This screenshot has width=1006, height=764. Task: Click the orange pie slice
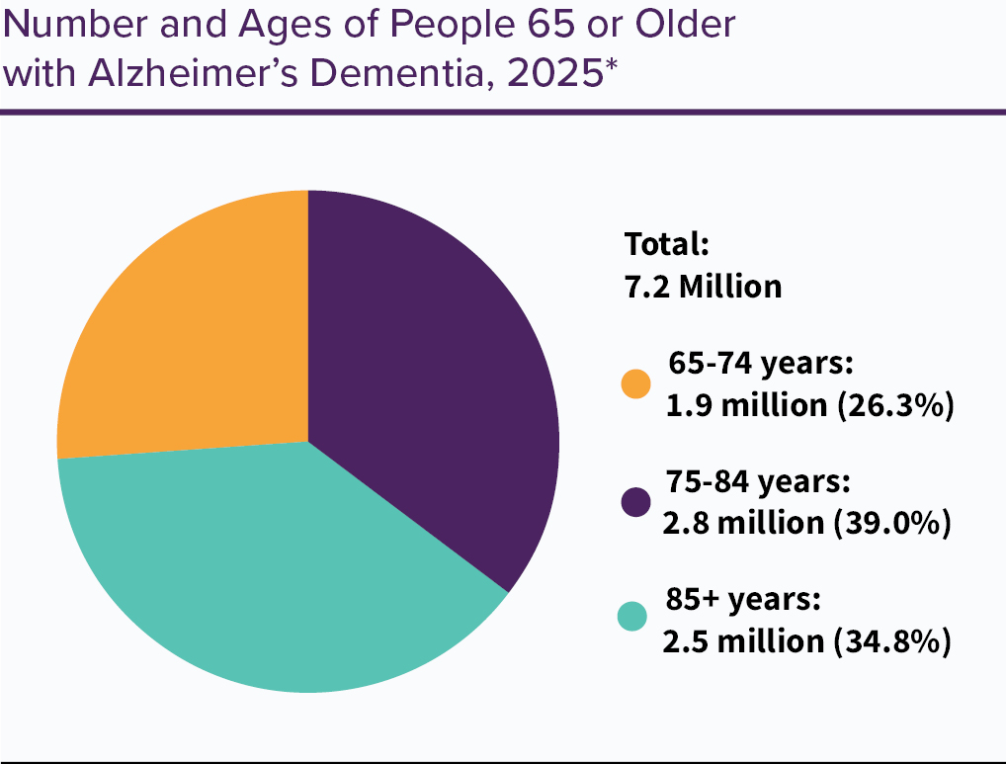click(198, 326)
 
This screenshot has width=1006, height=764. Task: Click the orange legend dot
click(635, 384)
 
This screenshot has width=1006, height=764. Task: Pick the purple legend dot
click(635, 502)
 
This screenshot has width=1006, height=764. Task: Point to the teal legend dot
click(633, 618)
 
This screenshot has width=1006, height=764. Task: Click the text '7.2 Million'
click(703, 287)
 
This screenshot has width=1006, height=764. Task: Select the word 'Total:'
click(667, 244)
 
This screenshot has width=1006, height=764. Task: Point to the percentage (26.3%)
click(894, 405)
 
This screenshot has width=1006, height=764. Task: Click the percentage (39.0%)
click(892, 523)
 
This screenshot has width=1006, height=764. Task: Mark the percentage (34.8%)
click(892, 640)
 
